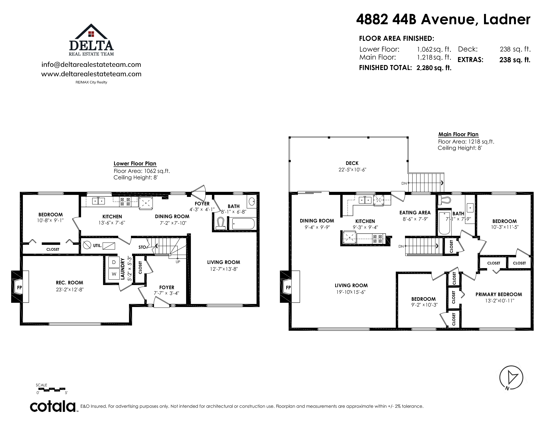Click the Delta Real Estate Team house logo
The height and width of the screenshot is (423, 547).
click(x=91, y=40)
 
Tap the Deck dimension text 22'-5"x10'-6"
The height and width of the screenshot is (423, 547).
click(x=352, y=170)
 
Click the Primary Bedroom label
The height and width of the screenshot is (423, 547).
click(x=499, y=294)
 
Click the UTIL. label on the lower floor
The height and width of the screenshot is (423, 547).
click(x=97, y=246)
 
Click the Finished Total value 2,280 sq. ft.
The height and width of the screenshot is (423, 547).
click(x=434, y=68)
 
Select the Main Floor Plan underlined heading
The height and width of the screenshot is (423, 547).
click(x=458, y=134)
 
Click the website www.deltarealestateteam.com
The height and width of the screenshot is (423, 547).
click(x=91, y=74)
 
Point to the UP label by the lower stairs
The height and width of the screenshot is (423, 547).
click(x=178, y=262)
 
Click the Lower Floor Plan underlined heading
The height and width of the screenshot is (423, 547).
click(x=135, y=164)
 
